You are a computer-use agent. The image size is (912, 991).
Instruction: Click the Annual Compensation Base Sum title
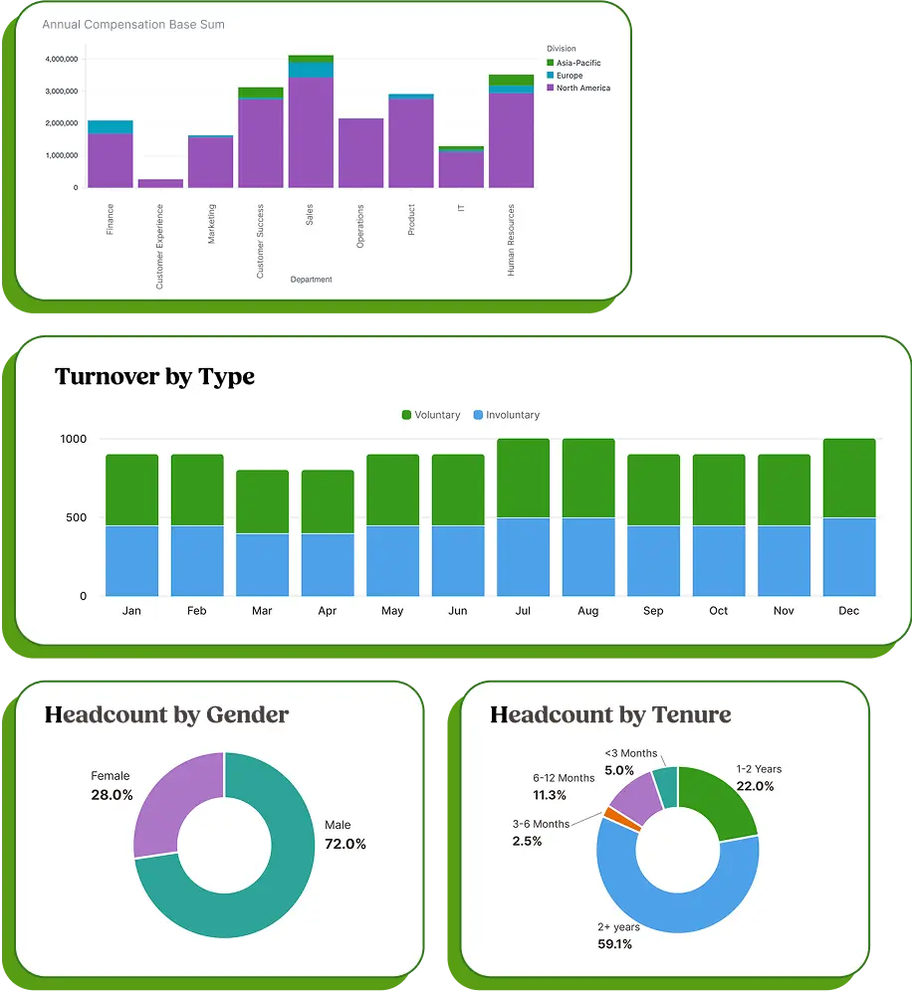coord(133,25)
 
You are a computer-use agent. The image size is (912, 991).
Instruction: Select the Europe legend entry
coord(569,76)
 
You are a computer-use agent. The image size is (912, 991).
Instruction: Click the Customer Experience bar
coord(160,183)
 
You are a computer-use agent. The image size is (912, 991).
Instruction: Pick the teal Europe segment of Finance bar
coord(111,126)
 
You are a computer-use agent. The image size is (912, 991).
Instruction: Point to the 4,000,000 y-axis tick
coord(62,59)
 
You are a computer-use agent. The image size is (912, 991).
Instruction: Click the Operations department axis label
coord(360,227)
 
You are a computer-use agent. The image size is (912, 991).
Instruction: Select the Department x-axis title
coord(311,280)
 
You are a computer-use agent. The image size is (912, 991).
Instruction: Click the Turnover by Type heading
coord(154,376)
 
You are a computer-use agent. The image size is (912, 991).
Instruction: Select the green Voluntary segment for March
coord(262,502)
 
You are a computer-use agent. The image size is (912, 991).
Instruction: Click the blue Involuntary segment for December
coord(849,557)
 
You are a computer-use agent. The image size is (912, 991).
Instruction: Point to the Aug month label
coord(588,611)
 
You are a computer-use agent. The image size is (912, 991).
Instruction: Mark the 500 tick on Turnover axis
coord(75,517)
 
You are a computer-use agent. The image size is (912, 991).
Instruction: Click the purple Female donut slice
coord(174,801)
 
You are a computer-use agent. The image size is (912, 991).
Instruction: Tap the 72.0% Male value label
coord(345,844)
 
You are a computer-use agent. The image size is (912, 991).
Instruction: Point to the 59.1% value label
coord(614,944)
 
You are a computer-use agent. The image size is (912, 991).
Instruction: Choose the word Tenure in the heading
coord(691,714)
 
